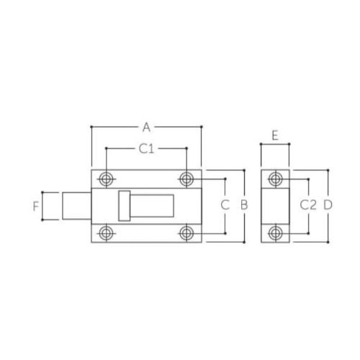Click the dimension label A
point(146,127)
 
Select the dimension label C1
point(146,149)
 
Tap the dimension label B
point(244,205)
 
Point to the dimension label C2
point(308,205)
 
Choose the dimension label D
point(328,205)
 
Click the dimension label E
point(275,135)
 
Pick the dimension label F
point(36,206)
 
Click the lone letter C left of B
point(225,205)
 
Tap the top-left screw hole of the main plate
point(106,179)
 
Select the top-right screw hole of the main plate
point(186,179)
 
